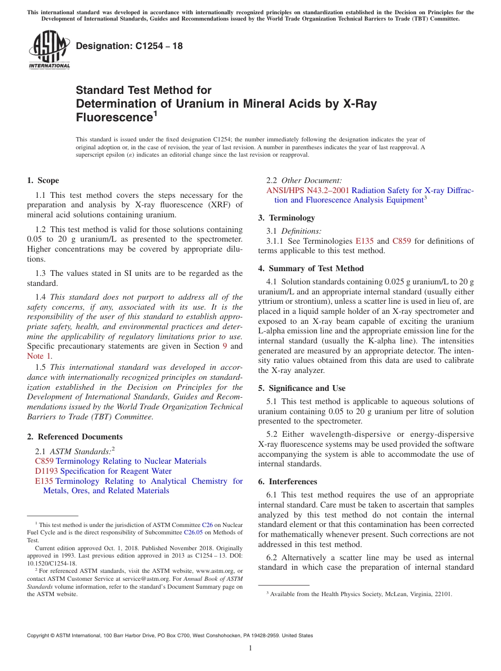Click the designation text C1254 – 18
pyautogui.click(x=129, y=46)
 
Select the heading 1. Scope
pyautogui.click(x=43, y=180)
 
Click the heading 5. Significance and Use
pyautogui.click(x=302, y=388)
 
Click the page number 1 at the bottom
pyautogui.click(x=250, y=648)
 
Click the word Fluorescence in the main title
pyautogui.click(x=113, y=118)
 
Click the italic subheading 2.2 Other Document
pyautogui.click(x=304, y=180)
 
